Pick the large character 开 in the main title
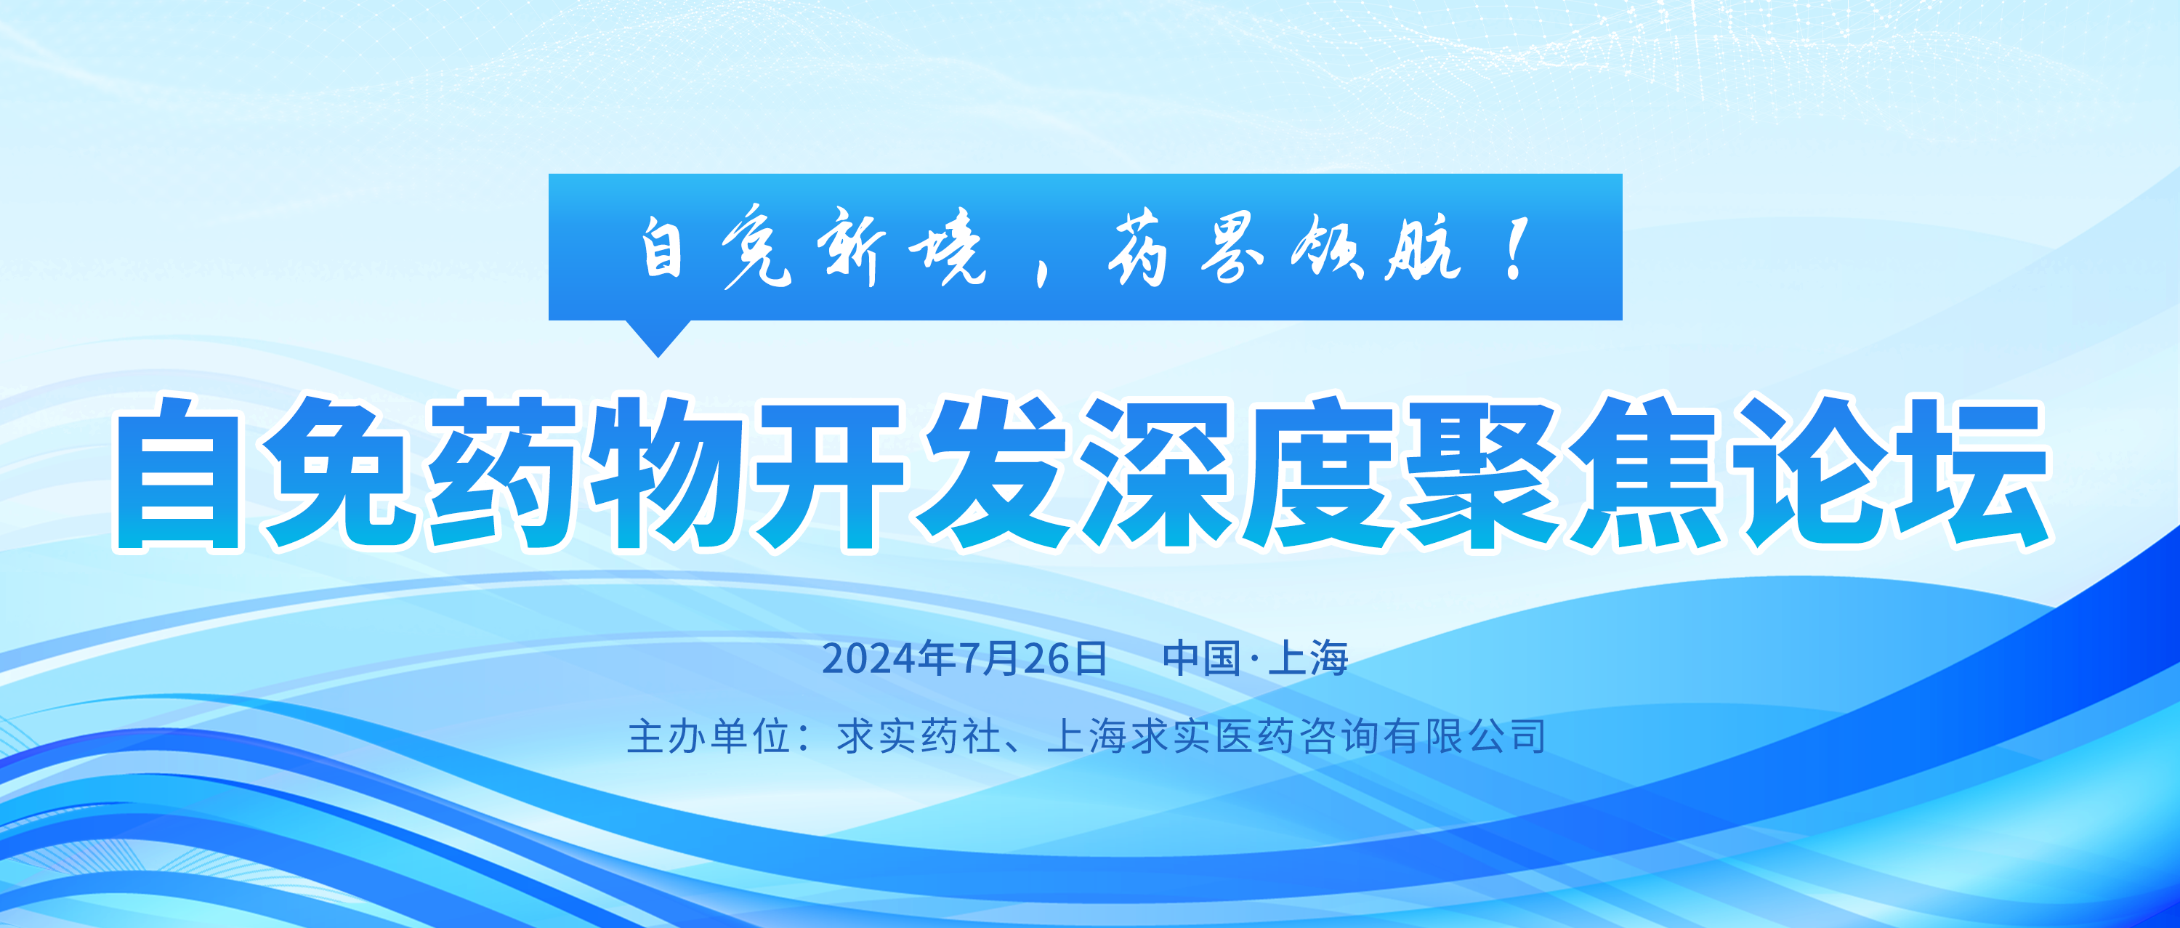(x=830, y=474)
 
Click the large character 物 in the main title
(x=668, y=474)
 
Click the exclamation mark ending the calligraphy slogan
(x=1517, y=248)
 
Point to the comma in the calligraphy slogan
(x=1043, y=272)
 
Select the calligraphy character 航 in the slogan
(x=1422, y=247)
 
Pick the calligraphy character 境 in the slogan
(x=947, y=247)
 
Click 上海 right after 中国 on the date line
(x=1308, y=658)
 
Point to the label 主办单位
(x=709, y=736)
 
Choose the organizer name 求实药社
(x=919, y=736)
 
